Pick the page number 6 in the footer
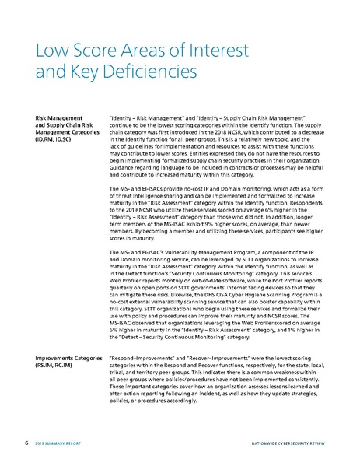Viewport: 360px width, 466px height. (27, 443)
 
